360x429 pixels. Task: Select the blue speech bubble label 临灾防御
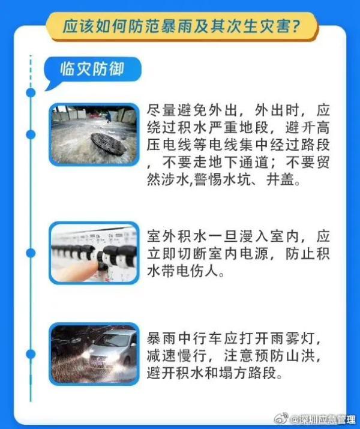pyautogui.click(x=92, y=69)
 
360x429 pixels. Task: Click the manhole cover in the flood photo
pyautogui.click(x=109, y=144)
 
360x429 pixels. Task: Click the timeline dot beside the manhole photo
pyautogui.click(x=31, y=134)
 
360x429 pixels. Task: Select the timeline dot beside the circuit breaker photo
pyautogui.click(x=31, y=253)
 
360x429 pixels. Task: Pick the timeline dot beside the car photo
pyautogui.click(x=31, y=355)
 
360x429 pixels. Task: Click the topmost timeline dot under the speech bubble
pyautogui.click(x=31, y=93)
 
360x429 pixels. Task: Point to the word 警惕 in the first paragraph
pyautogui.click(x=208, y=180)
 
